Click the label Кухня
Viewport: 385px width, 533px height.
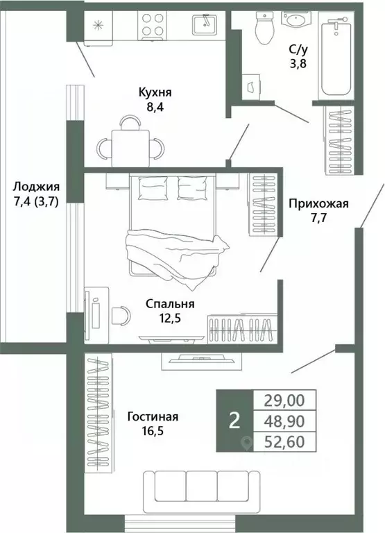155,92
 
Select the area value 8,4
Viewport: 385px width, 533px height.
155,107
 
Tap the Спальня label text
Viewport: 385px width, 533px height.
169,303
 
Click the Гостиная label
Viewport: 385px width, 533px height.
153,416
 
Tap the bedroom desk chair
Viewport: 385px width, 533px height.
119,314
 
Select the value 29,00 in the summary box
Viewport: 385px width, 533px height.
289,400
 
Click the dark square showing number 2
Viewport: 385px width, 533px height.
234,421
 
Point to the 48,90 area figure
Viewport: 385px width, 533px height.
289,421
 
